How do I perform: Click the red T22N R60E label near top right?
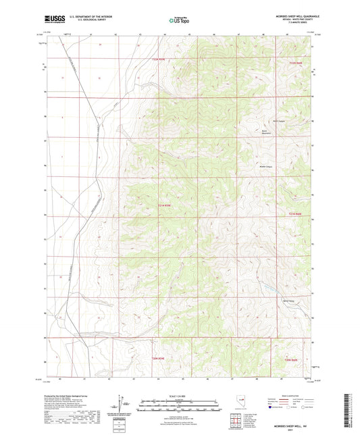pyautogui.click(x=297, y=62)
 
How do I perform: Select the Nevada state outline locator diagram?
pyautogui.click(x=239, y=403)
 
